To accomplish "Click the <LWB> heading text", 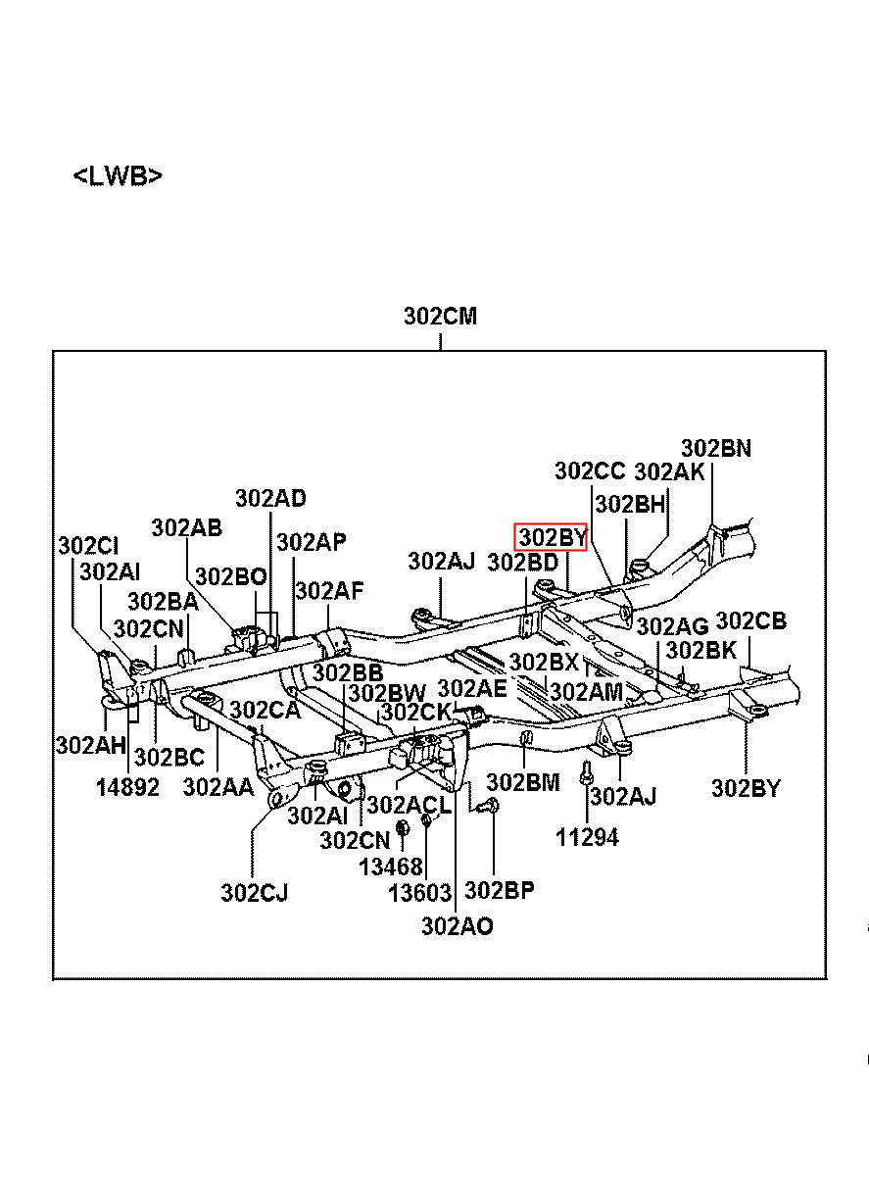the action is click(x=118, y=176).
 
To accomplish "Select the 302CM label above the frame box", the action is click(x=440, y=316).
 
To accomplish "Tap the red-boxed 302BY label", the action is click(x=552, y=538).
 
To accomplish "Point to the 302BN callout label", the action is click(x=716, y=449).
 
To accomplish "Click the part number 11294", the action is click(x=587, y=838).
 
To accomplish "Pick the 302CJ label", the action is click(x=255, y=893).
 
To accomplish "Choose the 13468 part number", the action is click(x=391, y=867).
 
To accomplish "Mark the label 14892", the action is click(x=127, y=787).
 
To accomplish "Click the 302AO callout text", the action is click(x=458, y=926).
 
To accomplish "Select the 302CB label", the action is click(x=751, y=620).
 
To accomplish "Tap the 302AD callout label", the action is click(x=271, y=499).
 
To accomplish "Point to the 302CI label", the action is click(x=88, y=546).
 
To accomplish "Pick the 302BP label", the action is click(x=500, y=890).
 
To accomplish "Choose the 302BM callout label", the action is click(x=523, y=782).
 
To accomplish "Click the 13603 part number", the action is click(x=420, y=893).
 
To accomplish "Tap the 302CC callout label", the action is click(x=590, y=470).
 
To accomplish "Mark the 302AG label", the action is click(x=672, y=627).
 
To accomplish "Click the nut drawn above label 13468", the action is click(x=402, y=827).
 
